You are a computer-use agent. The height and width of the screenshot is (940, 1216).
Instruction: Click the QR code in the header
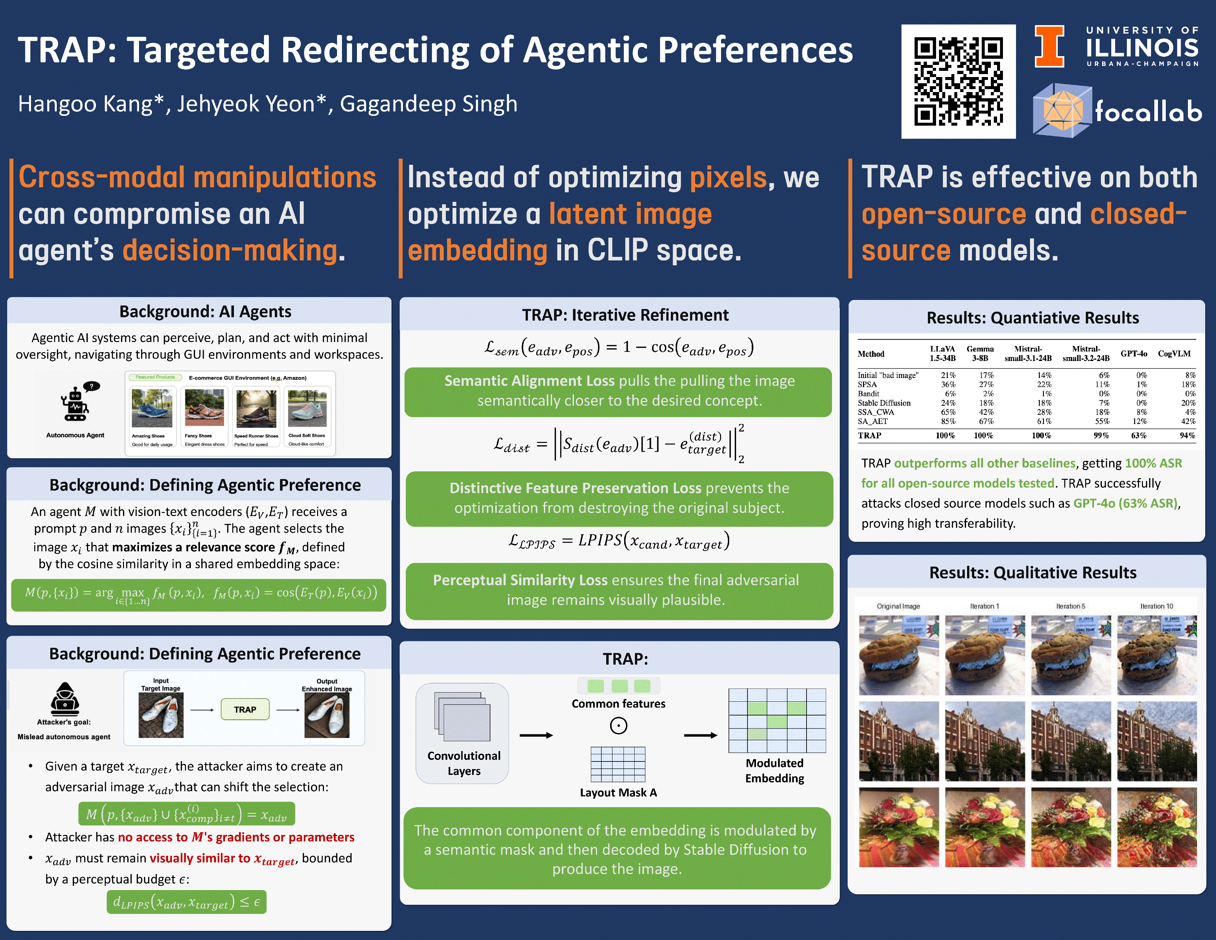click(x=958, y=81)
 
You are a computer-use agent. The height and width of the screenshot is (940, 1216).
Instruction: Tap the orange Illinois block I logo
click(x=1049, y=46)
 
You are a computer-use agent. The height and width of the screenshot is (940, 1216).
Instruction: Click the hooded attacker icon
click(x=65, y=698)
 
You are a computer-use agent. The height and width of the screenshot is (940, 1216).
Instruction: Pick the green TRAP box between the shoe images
click(x=245, y=710)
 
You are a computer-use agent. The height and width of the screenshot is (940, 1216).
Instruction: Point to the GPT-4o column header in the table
click(x=1133, y=353)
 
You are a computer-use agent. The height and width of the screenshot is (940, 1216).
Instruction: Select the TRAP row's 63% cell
click(x=1139, y=435)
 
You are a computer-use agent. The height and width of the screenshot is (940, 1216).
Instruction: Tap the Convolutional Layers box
click(x=462, y=733)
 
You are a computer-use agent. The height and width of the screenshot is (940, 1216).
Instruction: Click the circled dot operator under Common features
click(x=619, y=726)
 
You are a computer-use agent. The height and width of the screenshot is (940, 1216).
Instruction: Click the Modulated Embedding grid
click(x=777, y=721)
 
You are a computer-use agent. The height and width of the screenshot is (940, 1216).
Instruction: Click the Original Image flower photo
click(x=899, y=827)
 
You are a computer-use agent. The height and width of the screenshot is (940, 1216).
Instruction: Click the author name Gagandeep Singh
click(x=429, y=104)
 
